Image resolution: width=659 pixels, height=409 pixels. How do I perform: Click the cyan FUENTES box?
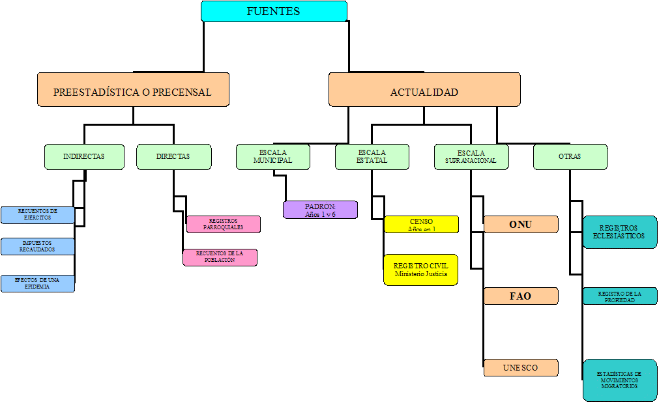[274, 11]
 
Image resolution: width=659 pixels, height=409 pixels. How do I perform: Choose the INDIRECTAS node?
[83, 157]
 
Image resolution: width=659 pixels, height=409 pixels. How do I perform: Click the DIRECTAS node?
[174, 157]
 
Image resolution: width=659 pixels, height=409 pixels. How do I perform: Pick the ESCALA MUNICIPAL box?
[272, 157]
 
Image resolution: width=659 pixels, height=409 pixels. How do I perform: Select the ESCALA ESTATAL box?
[372, 157]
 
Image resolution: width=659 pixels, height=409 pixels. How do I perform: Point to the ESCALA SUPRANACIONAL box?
[471, 157]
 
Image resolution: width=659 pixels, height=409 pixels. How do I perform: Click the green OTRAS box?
[570, 157]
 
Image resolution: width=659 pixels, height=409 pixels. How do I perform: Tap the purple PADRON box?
[320, 210]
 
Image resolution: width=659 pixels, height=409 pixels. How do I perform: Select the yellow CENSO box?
[421, 225]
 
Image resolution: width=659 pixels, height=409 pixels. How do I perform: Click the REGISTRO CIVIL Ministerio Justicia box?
[421, 270]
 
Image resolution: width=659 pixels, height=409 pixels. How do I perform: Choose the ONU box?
[521, 225]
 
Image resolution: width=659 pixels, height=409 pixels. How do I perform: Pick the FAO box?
[521, 296]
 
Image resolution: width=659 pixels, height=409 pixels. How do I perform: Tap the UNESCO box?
[521, 368]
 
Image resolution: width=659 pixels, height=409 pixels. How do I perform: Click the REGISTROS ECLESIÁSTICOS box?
[620, 233]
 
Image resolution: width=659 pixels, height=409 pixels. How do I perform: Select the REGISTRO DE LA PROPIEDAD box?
[620, 296]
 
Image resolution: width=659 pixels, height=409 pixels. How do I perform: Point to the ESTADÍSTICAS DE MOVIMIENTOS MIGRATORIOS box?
[620, 380]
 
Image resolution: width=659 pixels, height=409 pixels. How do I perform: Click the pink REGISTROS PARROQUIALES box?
[224, 225]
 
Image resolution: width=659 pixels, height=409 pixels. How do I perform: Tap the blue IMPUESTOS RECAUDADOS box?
[38, 247]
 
